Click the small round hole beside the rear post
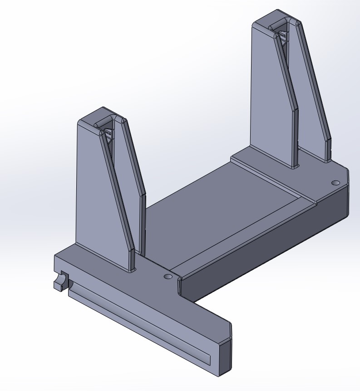335,183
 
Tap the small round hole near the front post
168,276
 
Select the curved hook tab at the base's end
59,282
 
